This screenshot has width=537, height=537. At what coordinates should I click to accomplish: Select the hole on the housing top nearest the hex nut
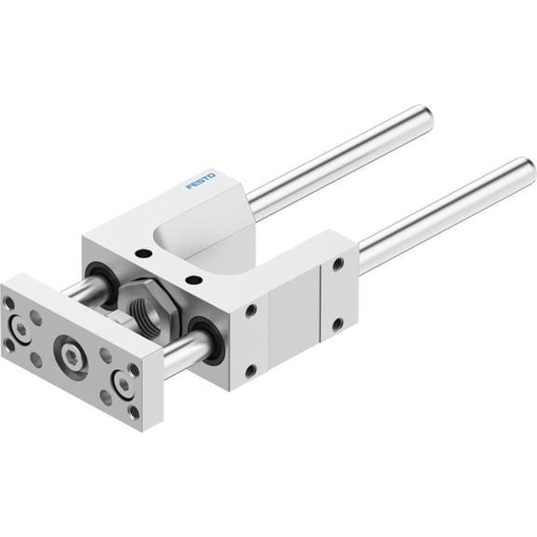pyautogui.click(x=194, y=278)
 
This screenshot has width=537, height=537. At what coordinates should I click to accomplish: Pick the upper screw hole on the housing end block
pyautogui.click(x=337, y=266)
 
